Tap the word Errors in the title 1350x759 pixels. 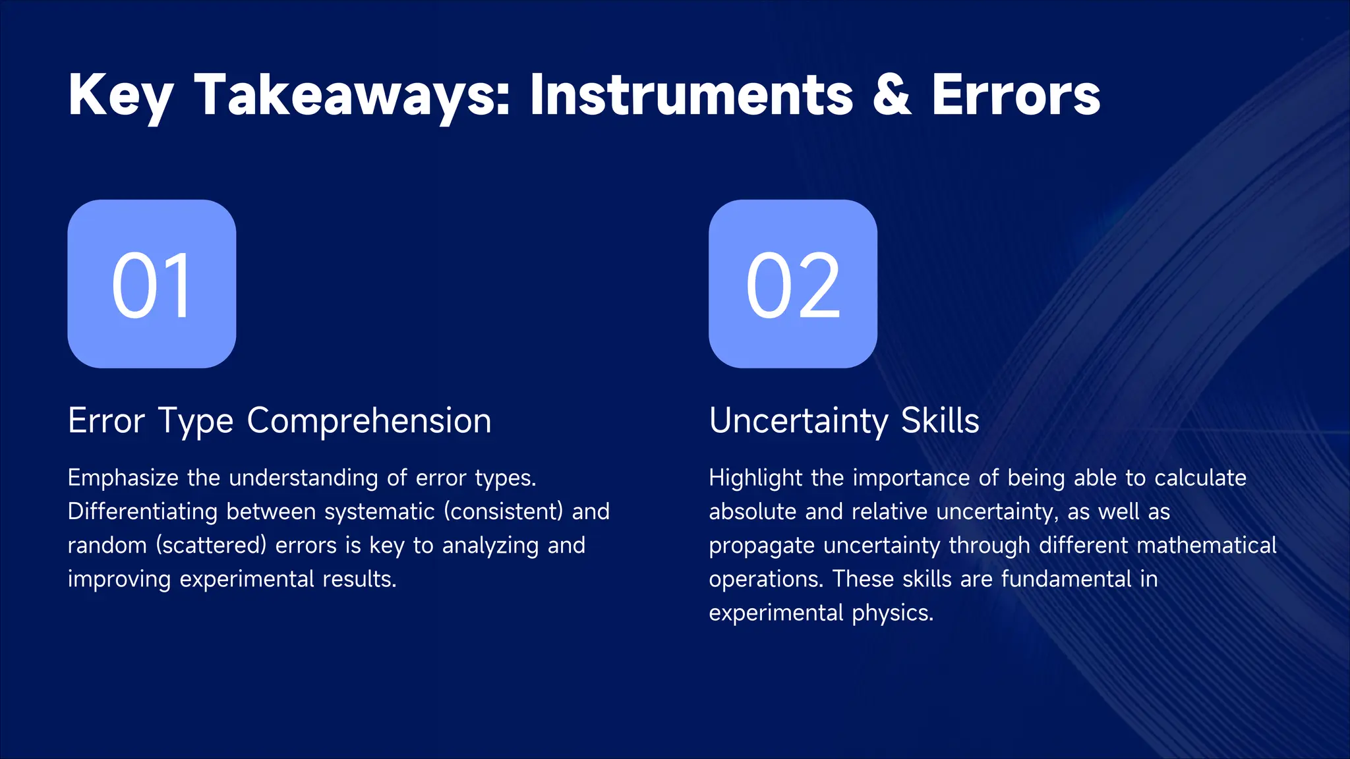(x=1016, y=96)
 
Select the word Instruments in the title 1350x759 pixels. (x=691, y=96)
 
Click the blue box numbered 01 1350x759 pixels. (x=152, y=284)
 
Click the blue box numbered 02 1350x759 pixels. (x=793, y=284)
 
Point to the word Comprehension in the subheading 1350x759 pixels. (x=369, y=421)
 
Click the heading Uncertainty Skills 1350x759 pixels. (x=844, y=421)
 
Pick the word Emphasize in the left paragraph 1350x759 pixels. (x=123, y=478)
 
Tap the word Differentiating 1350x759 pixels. (x=142, y=512)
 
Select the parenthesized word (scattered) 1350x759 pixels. (x=212, y=546)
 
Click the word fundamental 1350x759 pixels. (x=1066, y=579)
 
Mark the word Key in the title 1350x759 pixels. (x=121, y=96)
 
